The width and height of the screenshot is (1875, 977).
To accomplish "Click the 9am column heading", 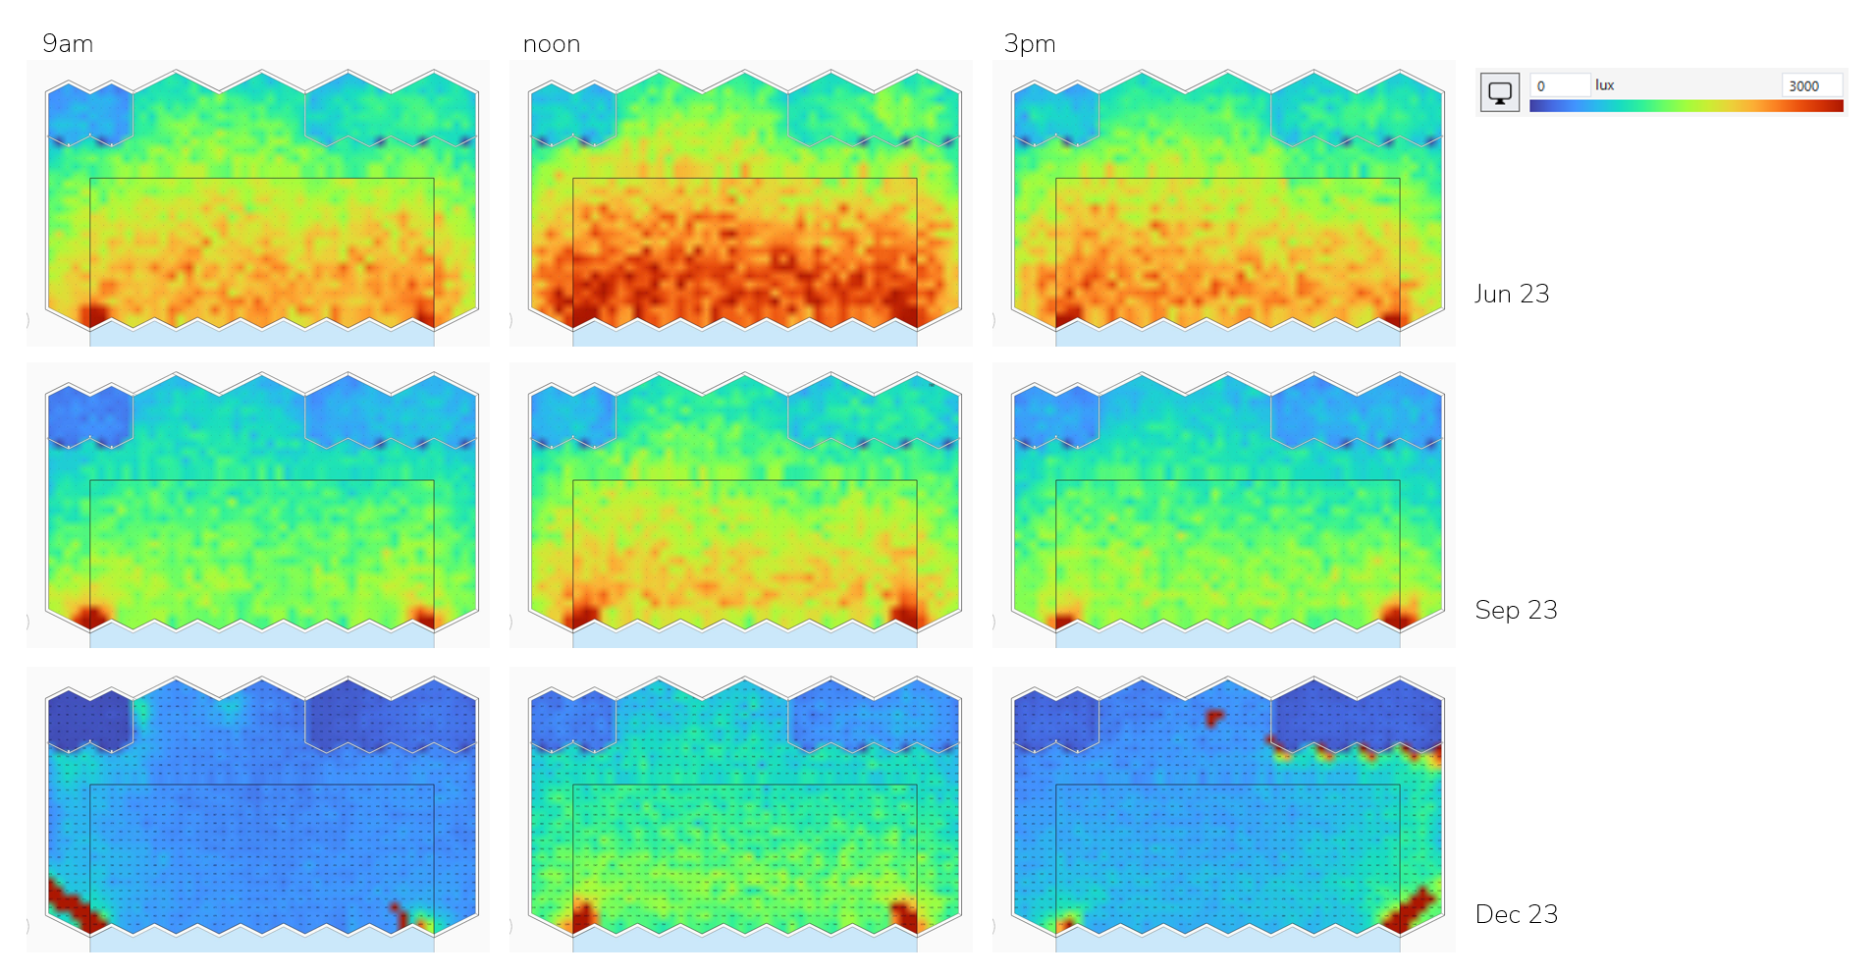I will (68, 44).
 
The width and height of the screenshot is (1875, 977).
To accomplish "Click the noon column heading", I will (552, 44).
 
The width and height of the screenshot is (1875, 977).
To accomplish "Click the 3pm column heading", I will (1030, 44).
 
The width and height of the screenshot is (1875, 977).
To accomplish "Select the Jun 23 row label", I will (1512, 294).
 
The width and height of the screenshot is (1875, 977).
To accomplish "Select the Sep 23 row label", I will (1516, 610).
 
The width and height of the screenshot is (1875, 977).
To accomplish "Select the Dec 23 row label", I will (1516, 914).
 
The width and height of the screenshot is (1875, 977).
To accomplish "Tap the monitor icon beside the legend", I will (1500, 92).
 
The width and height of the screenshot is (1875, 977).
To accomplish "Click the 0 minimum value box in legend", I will (1559, 85).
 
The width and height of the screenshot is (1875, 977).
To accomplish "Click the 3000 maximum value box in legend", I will (1809, 85).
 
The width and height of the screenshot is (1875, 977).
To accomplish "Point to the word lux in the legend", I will (1605, 85).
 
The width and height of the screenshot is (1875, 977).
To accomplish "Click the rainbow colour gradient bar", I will (1686, 106).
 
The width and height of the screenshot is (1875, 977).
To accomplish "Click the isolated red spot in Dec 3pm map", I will (1214, 718).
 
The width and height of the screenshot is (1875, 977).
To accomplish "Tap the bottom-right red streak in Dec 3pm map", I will (1411, 908).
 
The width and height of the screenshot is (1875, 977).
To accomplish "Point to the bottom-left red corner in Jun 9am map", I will (94, 314).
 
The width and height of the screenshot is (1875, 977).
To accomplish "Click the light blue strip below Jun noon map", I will (744, 337).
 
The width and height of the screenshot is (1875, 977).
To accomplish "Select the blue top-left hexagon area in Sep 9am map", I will (89, 413).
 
